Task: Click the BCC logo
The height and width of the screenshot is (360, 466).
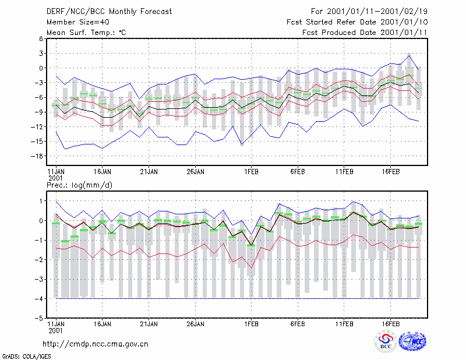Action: click(x=386, y=341)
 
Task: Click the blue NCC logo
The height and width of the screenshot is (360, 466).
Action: click(x=412, y=341)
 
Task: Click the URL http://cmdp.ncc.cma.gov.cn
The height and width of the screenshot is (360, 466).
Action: click(x=96, y=344)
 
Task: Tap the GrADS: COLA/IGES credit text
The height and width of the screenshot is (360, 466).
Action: click(x=26, y=357)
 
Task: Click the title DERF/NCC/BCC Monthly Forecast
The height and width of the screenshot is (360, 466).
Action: click(x=109, y=12)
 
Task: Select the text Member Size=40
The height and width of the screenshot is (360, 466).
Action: click(x=78, y=22)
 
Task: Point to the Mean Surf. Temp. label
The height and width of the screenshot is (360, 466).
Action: click(x=86, y=33)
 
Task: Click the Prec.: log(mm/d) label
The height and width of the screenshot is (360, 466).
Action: click(x=79, y=185)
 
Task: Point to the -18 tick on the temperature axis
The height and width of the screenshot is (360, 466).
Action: click(x=37, y=156)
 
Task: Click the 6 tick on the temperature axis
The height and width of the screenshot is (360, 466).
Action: click(x=41, y=38)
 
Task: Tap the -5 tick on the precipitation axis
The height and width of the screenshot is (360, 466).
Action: click(x=40, y=318)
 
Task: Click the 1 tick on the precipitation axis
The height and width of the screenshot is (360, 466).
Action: click(x=41, y=201)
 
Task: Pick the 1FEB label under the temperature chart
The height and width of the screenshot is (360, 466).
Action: click(x=251, y=172)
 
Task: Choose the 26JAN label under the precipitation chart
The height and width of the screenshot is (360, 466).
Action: click(x=195, y=324)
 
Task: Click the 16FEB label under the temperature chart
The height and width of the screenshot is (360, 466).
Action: click(x=390, y=172)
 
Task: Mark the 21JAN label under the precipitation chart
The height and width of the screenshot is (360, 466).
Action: click(x=149, y=324)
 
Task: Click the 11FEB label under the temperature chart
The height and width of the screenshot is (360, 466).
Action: click(x=344, y=172)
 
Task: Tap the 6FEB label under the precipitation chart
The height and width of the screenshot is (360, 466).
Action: click(x=298, y=324)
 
